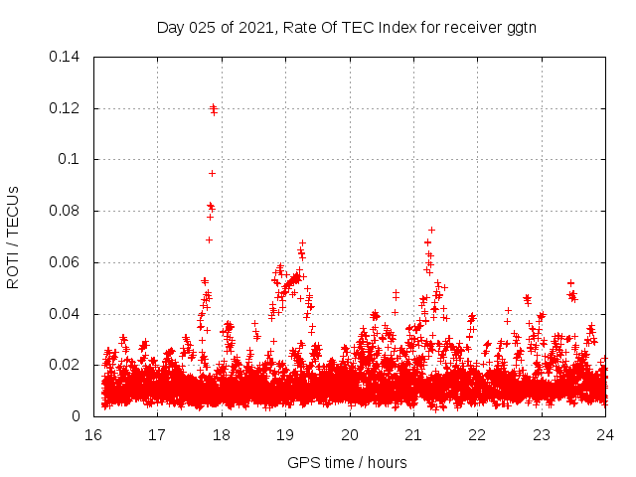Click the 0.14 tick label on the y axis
pos(66,56)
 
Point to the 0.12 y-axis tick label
pos(66,107)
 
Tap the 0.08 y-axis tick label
pos(66,211)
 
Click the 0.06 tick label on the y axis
pos(66,262)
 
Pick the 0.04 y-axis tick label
pos(66,314)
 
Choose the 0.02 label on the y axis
pos(66,365)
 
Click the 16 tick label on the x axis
pos(93,435)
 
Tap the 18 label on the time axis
pos(222,435)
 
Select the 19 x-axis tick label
pos(285,435)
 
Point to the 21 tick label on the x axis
pos(413,435)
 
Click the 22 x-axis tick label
pos(477,435)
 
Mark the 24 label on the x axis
pos(605,435)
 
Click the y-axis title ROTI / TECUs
pos(13,237)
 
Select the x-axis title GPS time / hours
pos(347,462)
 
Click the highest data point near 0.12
pos(213,107)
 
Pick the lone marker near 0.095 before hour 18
pos(212,173)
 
